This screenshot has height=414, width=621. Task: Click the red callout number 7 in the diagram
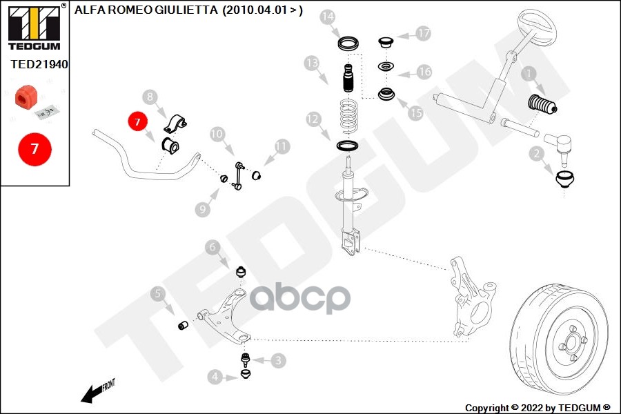(x=137, y=122)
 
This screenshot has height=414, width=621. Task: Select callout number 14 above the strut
(x=328, y=16)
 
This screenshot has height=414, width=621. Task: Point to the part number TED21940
(x=39, y=63)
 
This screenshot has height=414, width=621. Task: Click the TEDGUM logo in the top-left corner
(x=34, y=26)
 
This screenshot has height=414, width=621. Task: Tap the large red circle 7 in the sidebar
(x=34, y=148)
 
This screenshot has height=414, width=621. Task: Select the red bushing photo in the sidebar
(x=26, y=97)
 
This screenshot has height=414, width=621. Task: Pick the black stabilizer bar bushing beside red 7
(x=170, y=146)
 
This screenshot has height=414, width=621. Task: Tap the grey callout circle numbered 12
(x=313, y=119)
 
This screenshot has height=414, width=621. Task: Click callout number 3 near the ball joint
(x=278, y=359)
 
